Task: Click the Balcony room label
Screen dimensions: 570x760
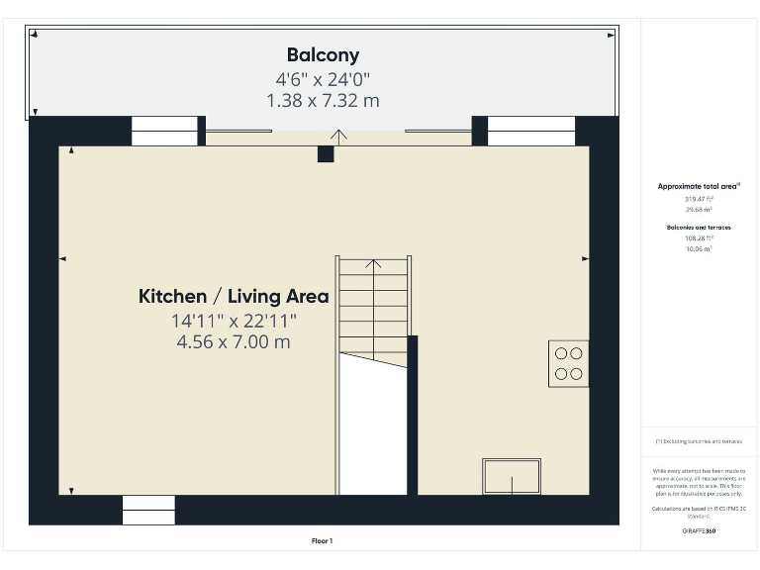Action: pos(323,55)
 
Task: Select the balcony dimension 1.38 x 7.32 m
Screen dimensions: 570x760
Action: pos(323,100)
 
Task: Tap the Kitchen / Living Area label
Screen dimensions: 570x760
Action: pos(234,296)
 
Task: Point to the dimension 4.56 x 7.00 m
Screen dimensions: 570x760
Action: pos(234,341)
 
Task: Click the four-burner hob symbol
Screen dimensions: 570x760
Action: pos(568,363)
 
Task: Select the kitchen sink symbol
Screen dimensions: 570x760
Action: pos(511,476)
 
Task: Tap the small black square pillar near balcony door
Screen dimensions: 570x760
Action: pos(325,154)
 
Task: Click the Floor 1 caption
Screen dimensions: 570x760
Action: pos(323,540)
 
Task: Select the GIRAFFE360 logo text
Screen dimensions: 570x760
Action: pos(699,531)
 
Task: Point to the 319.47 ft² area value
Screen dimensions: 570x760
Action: pos(699,199)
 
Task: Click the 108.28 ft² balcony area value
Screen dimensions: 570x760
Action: pos(699,238)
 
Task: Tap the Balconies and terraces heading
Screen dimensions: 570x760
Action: pos(699,227)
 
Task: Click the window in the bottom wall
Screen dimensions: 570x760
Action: pos(148,510)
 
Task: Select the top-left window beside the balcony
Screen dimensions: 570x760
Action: pos(164,131)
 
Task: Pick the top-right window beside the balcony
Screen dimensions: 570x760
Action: pos(531,131)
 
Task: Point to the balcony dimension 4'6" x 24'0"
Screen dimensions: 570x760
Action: pos(323,79)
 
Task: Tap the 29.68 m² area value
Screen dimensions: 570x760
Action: pos(699,210)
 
